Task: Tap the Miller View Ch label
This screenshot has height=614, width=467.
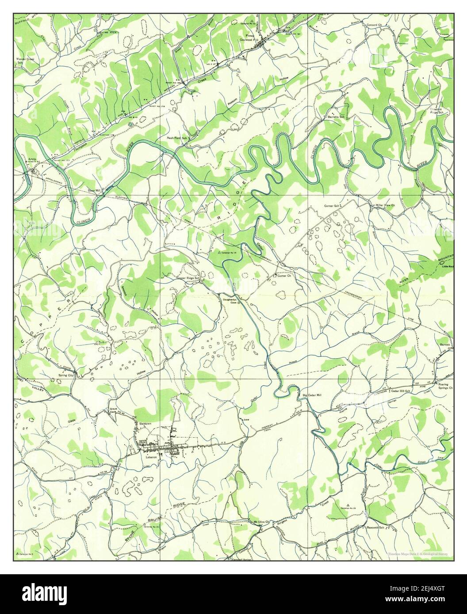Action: pyautogui.click(x=385, y=206)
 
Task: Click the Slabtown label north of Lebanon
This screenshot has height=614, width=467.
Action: pyautogui.click(x=145, y=423)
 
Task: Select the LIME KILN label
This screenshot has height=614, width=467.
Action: pyautogui.click(x=108, y=33)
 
